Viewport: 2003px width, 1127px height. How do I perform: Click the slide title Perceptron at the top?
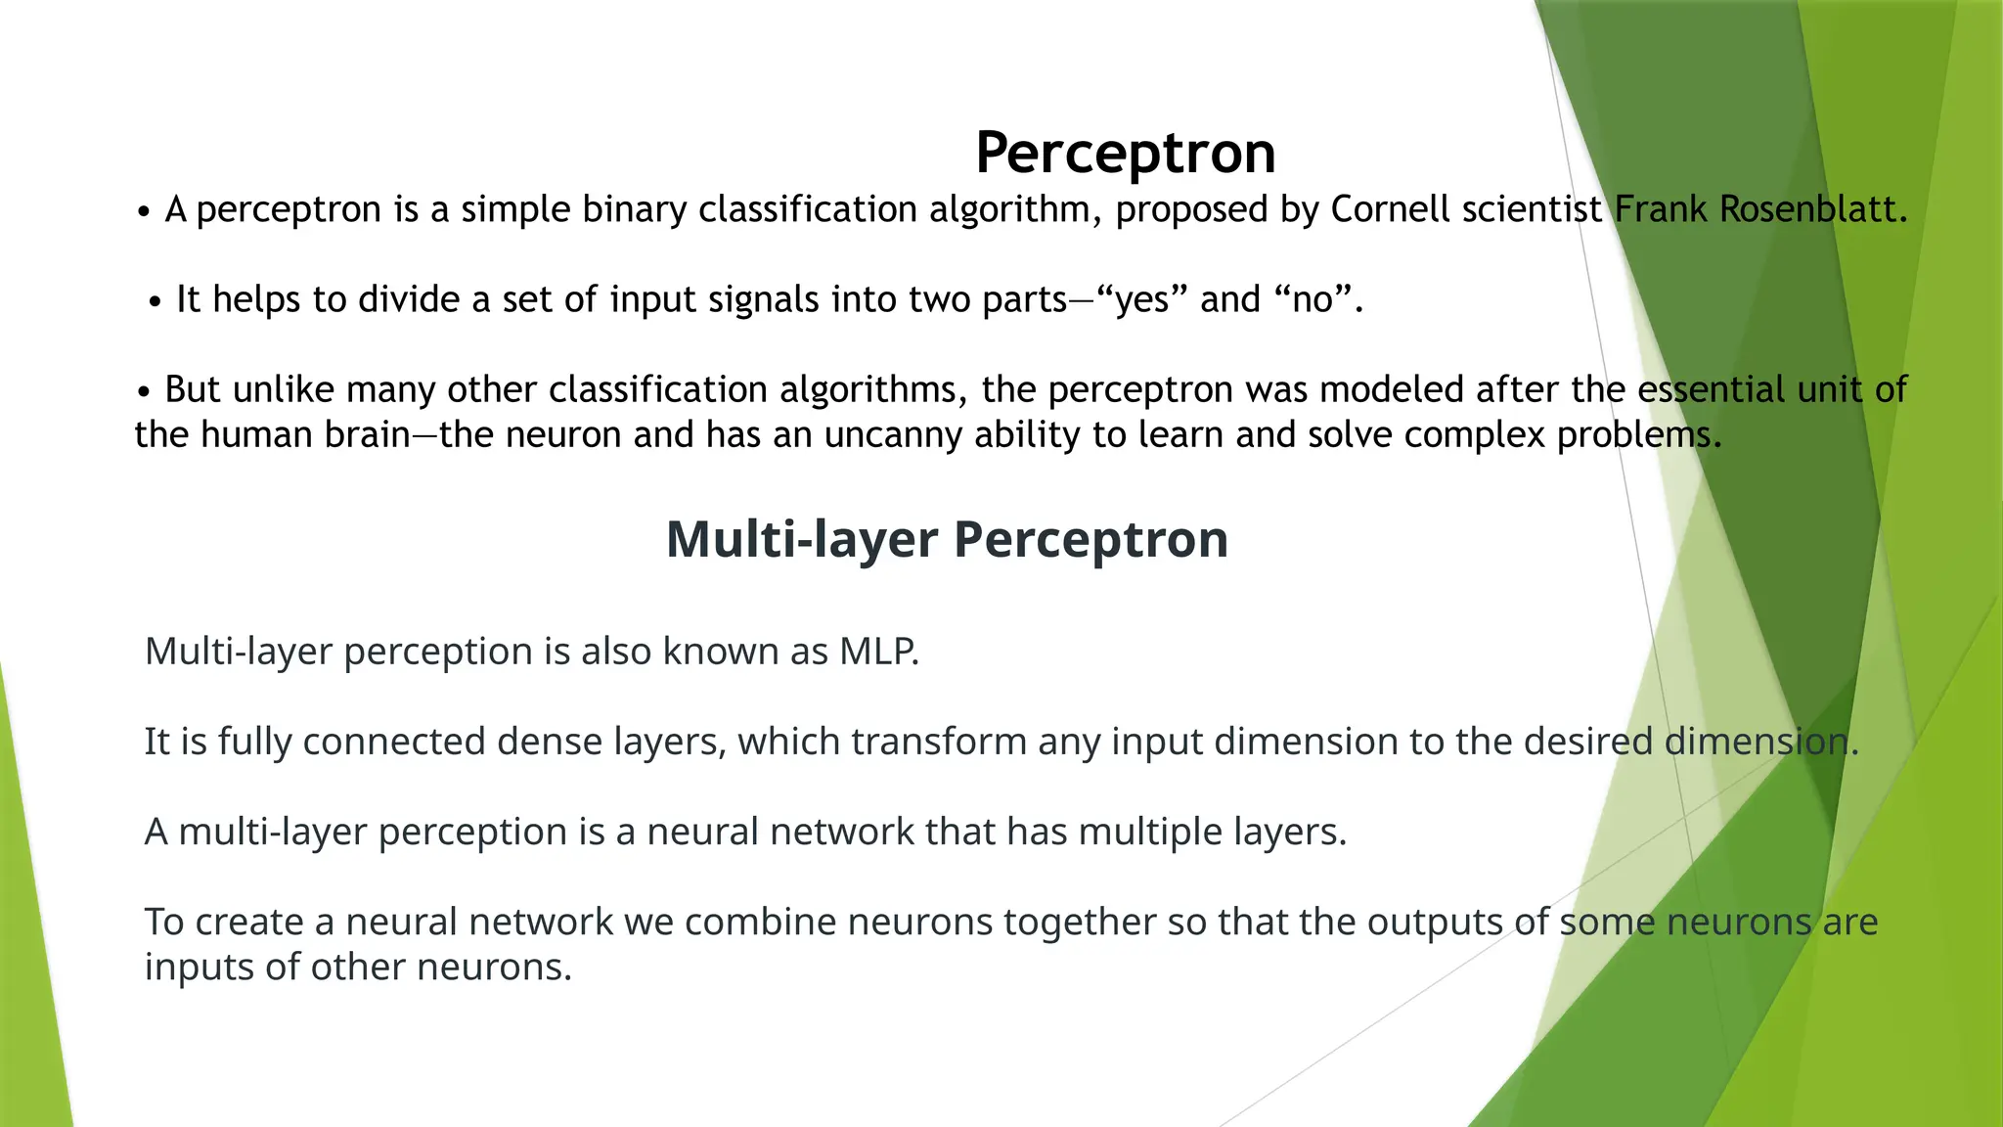1125,153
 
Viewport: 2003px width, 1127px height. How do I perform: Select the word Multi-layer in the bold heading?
801,539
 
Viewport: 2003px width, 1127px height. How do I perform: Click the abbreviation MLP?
878,652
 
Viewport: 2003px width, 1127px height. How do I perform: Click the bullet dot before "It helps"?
155,303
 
